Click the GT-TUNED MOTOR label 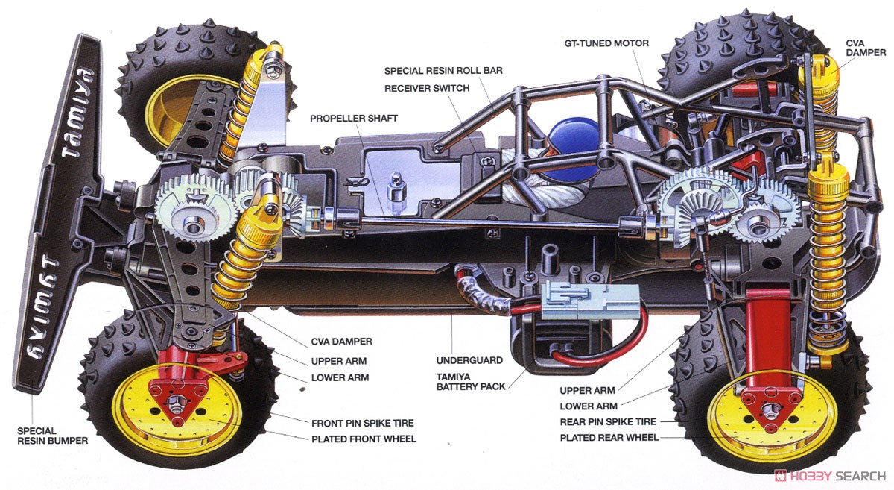click(x=606, y=43)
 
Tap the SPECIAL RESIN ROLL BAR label click(x=443, y=71)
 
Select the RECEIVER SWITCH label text click(x=427, y=88)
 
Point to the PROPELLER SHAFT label click(x=354, y=118)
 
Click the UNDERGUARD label click(x=469, y=360)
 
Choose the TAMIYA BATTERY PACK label click(x=471, y=380)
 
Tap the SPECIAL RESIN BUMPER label click(x=52, y=435)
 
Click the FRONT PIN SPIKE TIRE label click(x=362, y=423)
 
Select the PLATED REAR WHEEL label click(x=609, y=438)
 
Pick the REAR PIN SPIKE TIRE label click(x=618, y=421)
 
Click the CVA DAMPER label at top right click(x=866, y=48)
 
